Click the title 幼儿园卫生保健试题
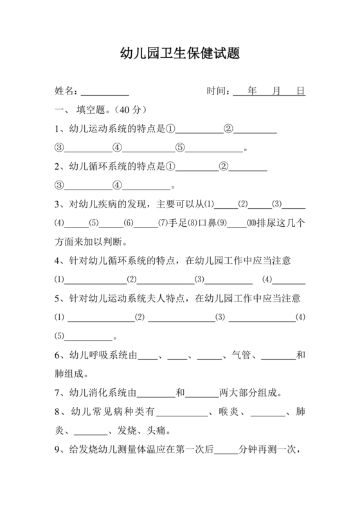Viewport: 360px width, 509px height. click(180, 54)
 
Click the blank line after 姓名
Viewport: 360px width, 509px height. click(105, 91)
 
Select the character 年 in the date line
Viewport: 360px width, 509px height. click(251, 91)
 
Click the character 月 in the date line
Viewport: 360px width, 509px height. click(276, 91)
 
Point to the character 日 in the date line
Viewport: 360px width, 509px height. click(300, 91)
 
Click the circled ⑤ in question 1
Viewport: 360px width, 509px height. click(180, 148)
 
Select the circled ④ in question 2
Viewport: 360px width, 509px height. click(117, 186)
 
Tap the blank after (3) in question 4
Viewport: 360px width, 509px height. click(228, 280)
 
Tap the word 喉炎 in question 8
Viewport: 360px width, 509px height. click(228, 411)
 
